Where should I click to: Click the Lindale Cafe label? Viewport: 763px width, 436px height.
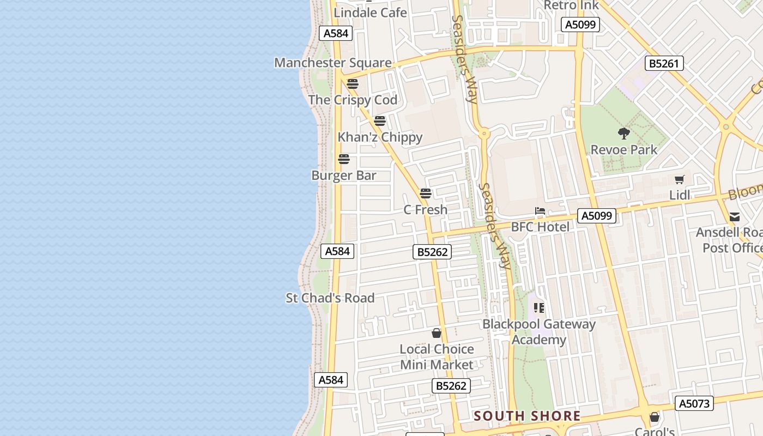coord(370,13)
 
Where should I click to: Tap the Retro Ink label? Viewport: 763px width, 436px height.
coord(571,5)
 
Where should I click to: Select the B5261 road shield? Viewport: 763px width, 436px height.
coord(664,64)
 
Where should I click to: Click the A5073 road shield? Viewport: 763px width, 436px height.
coord(694,404)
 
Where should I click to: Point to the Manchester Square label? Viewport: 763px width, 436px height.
coord(332,63)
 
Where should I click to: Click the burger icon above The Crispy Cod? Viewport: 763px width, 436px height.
coord(353,84)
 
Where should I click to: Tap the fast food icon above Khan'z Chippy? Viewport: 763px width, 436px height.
coord(380,121)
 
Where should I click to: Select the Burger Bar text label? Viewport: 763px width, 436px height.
coord(344,175)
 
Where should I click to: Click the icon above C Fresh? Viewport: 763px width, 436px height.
coord(426,193)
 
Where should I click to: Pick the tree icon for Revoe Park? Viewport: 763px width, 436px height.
coord(624,134)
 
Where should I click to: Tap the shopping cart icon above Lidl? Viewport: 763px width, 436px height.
coord(680,179)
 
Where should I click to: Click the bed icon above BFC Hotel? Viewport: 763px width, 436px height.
coord(540,211)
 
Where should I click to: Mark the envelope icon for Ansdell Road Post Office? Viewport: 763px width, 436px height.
coord(735,217)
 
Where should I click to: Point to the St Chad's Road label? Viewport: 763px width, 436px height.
coord(330,298)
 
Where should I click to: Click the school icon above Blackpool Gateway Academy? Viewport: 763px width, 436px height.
coord(539,308)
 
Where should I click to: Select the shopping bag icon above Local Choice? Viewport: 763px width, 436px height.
coord(437,333)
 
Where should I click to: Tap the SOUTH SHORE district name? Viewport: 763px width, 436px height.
coord(527,416)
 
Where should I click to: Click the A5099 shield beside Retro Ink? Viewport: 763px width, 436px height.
coord(580,25)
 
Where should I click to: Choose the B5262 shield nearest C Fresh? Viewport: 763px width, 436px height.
coord(432,252)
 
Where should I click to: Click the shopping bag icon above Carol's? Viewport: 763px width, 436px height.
coord(655,417)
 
